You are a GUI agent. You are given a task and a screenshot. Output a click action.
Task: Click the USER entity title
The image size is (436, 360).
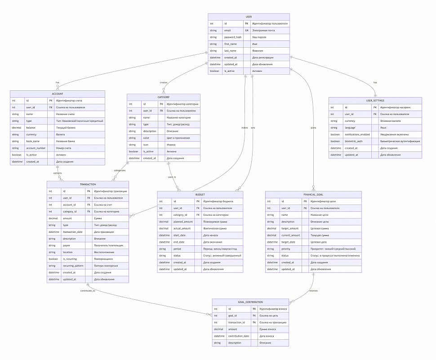pos(249,17)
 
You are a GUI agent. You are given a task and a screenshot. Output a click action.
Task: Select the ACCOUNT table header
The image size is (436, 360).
pos(58,93)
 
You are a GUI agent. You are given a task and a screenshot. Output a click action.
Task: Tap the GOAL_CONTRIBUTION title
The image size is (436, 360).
pos(250,302)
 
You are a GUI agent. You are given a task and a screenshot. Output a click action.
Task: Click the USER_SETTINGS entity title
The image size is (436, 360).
pos(375,100)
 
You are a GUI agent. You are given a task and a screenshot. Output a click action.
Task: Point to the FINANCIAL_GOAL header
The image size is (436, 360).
pos(313,195)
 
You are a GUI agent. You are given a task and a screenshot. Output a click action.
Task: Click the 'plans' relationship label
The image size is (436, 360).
pos(313,128)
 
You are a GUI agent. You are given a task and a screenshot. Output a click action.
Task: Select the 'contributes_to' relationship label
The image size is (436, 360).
pos(88,291)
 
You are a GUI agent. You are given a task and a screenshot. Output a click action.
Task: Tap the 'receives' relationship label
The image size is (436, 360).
pos(313,291)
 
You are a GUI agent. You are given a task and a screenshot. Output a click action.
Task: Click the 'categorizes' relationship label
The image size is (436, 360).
pos(120,170)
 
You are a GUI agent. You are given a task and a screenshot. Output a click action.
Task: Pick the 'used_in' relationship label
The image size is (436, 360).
pos(172,177)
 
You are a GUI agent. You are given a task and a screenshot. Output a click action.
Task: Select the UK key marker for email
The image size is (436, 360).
pos(247,31)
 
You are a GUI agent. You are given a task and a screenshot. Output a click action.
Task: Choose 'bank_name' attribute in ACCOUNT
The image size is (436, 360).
pos(33,141)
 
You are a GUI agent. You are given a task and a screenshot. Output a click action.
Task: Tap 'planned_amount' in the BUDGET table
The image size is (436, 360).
pos(183,222)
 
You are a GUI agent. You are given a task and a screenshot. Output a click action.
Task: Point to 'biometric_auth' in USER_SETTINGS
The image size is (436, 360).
pos(354,141)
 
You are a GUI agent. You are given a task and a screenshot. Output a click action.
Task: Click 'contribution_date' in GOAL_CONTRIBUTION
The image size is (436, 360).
pos(238,336)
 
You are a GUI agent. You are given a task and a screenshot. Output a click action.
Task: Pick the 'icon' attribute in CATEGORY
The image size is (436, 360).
pos(146,145)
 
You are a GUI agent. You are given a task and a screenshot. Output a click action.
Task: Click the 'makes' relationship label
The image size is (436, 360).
pos(245,128)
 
